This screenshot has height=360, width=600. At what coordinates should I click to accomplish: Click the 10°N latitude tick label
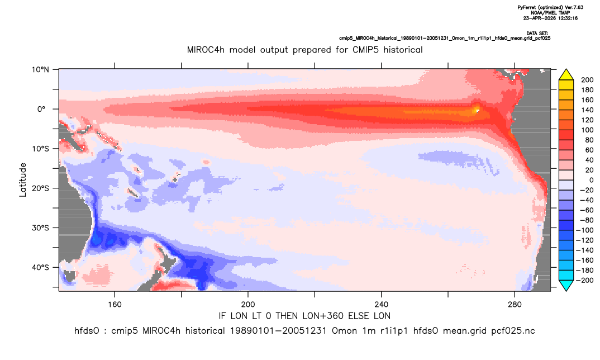tap(40, 70)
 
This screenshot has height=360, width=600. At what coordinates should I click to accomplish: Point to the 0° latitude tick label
tap(41, 109)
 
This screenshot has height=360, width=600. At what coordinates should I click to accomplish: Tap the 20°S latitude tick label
tap(40, 188)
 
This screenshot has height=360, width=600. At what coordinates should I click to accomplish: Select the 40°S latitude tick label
tap(40, 267)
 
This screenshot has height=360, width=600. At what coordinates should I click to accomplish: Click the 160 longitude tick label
tap(115, 305)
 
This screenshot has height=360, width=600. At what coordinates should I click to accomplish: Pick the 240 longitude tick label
tap(382, 305)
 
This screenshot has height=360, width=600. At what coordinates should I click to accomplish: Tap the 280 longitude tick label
tap(515, 305)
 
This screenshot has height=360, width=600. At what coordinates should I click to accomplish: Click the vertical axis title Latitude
tap(23, 180)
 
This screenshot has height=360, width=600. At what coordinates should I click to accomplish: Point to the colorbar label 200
tap(587, 80)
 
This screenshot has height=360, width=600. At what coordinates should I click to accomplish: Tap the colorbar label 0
tap(591, 180)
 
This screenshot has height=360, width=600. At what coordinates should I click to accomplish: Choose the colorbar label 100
tap(587, 130)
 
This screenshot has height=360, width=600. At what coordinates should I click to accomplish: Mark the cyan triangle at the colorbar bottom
tap(566, 285)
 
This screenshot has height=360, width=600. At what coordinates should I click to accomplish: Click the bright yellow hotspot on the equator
tap(477, 111)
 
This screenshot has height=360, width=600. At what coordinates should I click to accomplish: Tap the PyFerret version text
tap(550, 8)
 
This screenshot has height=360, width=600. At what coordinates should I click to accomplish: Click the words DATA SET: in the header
tap(537, 34)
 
